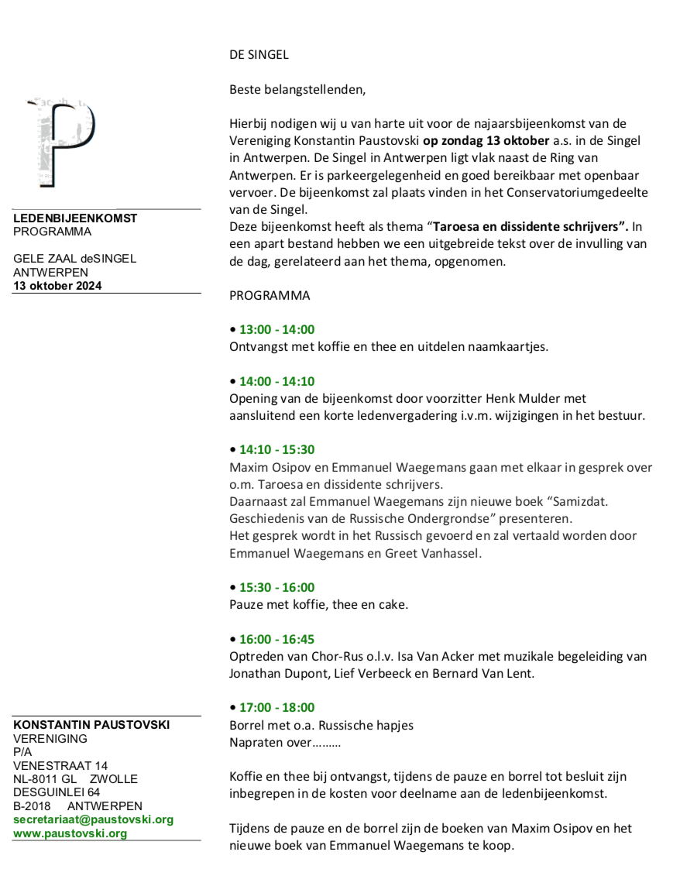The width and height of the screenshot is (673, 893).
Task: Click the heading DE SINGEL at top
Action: click(259, 55)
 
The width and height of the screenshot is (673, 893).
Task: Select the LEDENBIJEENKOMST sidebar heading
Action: click(75, 218)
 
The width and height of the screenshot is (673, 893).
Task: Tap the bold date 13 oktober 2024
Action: click(57, 285)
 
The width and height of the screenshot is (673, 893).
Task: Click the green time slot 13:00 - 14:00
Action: click(276, 329)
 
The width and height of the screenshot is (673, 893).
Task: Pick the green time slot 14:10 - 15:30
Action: click(276, 449)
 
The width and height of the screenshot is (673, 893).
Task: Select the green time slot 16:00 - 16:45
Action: click(276, 639)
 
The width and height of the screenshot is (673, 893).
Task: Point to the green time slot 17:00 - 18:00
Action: click(276, 707)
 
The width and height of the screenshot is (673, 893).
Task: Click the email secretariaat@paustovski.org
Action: click(93, 819)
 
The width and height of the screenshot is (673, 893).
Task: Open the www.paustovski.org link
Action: click(70, 833)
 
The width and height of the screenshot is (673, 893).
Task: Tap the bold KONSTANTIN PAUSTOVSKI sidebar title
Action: click(91, 725)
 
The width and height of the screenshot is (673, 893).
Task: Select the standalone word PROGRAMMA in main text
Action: click(270, 295)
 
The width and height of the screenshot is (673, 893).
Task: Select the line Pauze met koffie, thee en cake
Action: click(318, 604)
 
